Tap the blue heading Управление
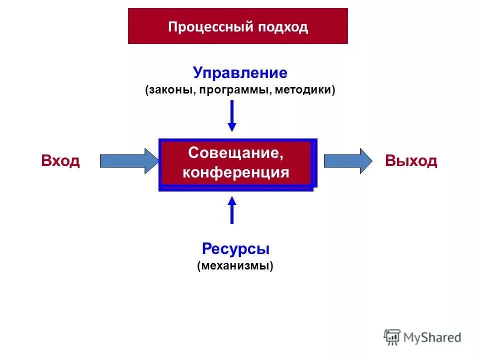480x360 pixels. click(240, 73)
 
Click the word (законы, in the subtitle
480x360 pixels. click(167, 90)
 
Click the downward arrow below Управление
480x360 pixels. click(232, 115)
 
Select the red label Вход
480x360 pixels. click(60, 161)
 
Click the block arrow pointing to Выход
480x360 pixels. click(348, 161)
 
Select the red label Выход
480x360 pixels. click(411, 161)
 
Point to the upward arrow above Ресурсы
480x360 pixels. click(232, 210)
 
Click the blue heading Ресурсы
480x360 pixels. click(235, 248)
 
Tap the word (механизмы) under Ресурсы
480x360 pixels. click(235, 265)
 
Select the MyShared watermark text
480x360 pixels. click(432, 337)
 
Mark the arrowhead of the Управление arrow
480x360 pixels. click(232, 126)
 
